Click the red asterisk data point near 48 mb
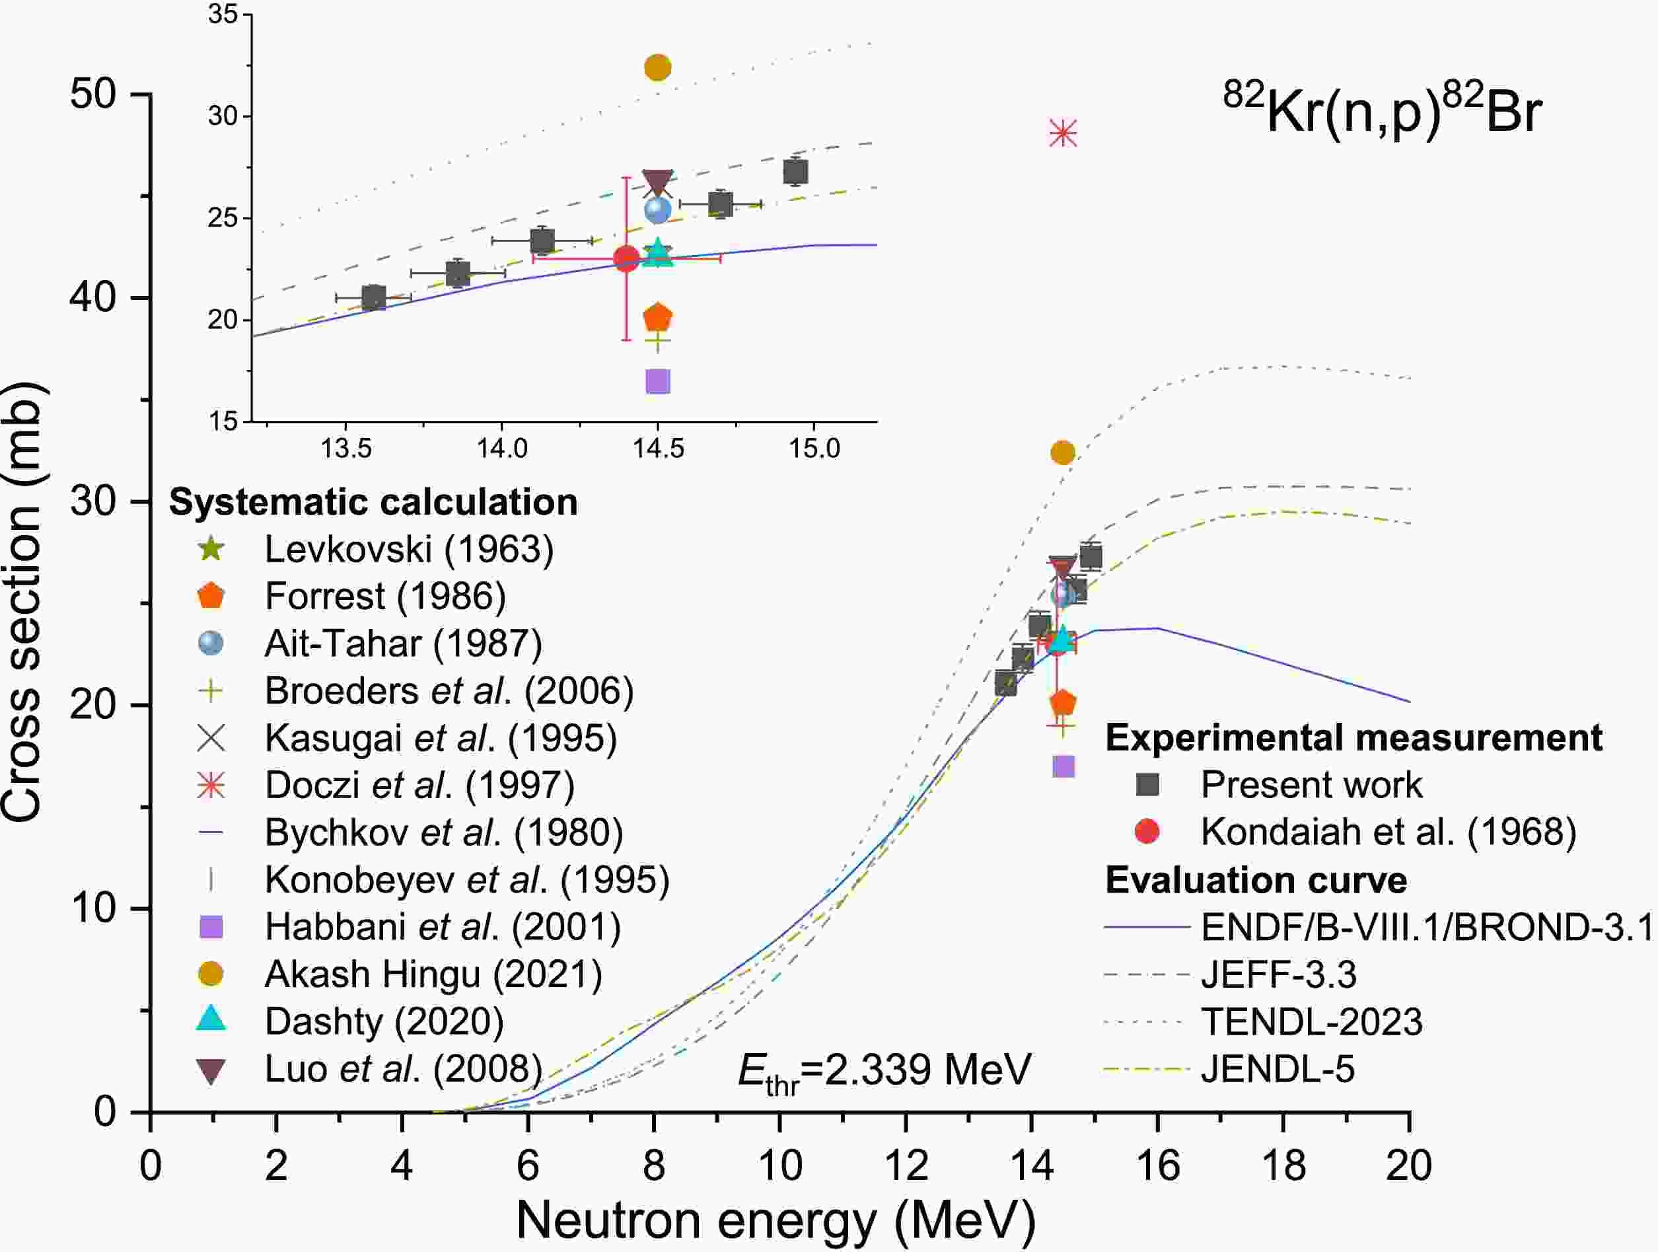(1063, 134)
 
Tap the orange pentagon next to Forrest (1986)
(211, 597)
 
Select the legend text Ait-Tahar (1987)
(403, 644)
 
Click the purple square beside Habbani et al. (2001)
(211, 928)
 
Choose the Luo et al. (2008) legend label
(403, 1068)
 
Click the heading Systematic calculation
(373, 502)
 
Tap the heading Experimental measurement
(1353, 738)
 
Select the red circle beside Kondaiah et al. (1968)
(1147, 831)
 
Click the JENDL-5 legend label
(1278, 1069)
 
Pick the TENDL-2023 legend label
(1312, 1022)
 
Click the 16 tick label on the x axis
(1158, 1167)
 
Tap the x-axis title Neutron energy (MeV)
(775, 1220)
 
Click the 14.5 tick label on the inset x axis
(658, 449)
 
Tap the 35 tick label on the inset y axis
(223, 15)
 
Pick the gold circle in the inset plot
(657, 67)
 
